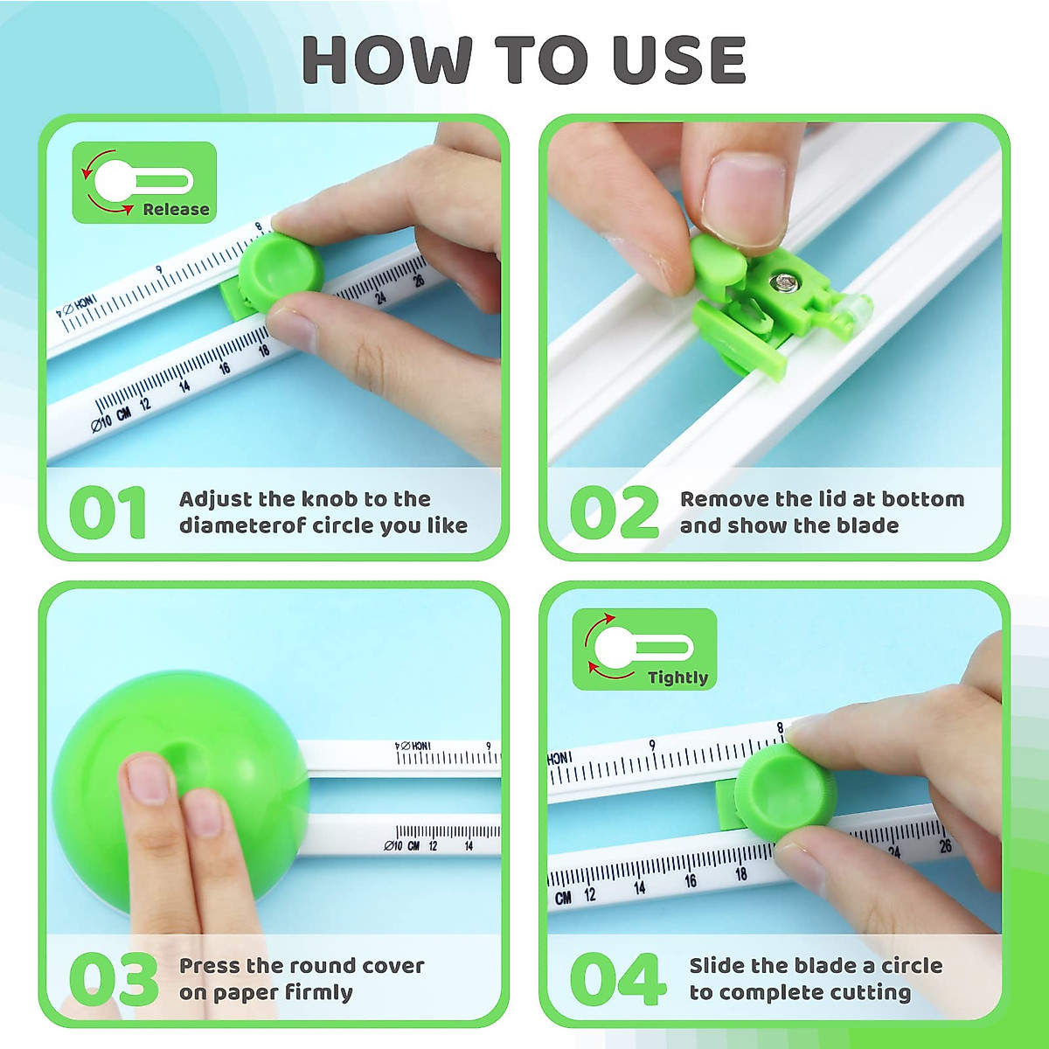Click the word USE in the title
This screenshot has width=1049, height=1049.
point(679,60)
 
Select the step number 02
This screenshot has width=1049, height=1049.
point(614,513)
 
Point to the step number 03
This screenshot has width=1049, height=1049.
point(113,979)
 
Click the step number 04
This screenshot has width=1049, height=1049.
point(617,979)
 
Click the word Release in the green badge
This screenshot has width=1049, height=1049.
point(176,210)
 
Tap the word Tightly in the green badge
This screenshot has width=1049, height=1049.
point(677,677)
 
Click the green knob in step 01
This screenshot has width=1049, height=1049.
point(280,271)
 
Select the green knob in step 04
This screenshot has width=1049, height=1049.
point(782,791)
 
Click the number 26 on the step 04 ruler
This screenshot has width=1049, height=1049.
point(945,846)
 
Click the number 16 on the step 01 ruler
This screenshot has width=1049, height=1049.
point(225,368)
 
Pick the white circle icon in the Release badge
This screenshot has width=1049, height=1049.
point(113,181)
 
